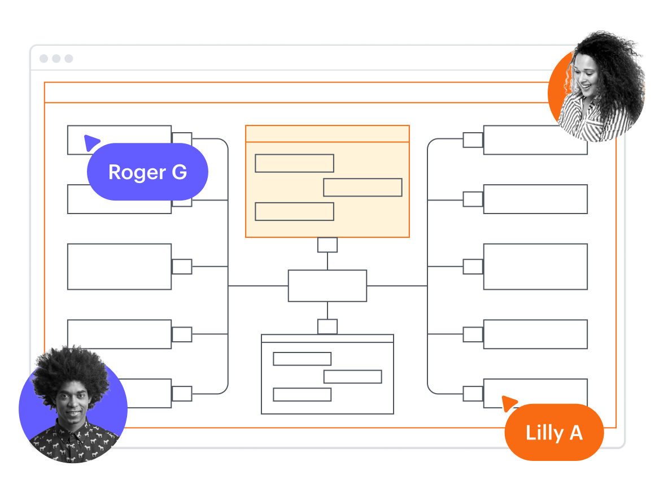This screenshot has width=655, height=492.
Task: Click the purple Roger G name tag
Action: (x=147, y=172)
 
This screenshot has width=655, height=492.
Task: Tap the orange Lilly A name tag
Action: (x=553, y=433)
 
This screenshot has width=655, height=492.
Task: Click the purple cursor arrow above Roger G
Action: (x=91, y=142)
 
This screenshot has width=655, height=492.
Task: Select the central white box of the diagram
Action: (x=327, y=286)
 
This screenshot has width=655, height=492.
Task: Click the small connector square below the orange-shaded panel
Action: (x=327, y=245)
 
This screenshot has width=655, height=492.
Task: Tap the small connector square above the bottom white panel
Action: (x=327, y=326)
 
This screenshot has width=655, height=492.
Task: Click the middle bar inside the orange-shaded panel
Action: (x=363, y=188)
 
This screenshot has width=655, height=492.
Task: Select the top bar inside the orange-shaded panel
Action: (x=294, y=163)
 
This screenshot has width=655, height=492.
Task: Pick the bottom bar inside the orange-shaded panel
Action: (x=294, y=211)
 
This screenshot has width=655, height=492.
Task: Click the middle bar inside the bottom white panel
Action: (x=352, y=377)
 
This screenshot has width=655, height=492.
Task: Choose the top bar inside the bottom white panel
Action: (x=302, y=359)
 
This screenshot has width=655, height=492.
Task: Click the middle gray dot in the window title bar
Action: (x=56, y=59)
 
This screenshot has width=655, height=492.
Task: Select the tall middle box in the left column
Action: (x=119, y=267)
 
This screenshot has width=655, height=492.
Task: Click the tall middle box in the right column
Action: (x=535, y=267)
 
